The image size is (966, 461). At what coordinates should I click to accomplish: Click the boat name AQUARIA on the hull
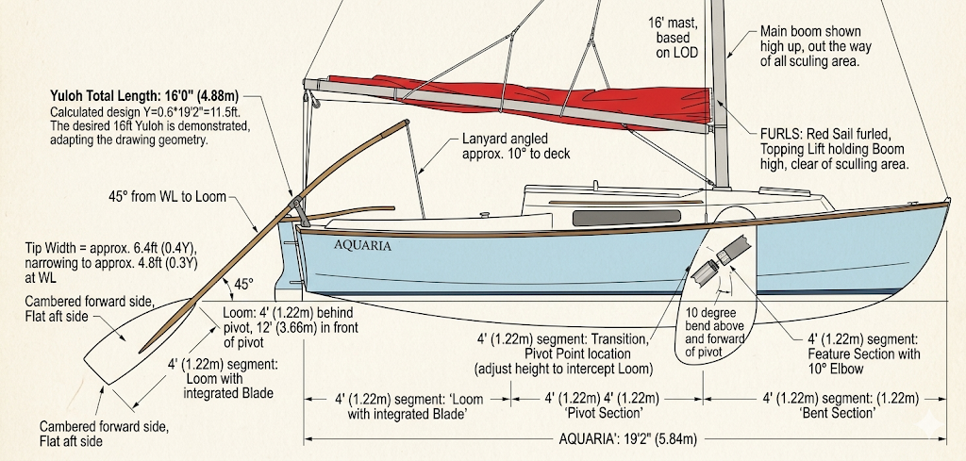[x=362, y=245]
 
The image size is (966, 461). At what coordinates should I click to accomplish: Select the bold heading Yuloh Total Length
[x=144, y=96]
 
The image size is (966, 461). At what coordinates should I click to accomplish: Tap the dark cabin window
[x=626, y=217]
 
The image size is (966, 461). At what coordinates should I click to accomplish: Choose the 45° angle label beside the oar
[x=243, y=285]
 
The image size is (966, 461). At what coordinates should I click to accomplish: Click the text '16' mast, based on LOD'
[x=673, y=38]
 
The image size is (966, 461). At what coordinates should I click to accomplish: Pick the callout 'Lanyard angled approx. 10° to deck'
[x=516, y=146]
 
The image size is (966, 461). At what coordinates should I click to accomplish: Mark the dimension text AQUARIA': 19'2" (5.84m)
[x=627, y=438]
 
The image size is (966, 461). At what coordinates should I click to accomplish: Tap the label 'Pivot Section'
[x=604, y=413]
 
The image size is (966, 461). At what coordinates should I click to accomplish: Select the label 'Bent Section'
[x=838, y=413]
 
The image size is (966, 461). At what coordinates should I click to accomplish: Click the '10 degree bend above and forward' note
[x=715, y=333]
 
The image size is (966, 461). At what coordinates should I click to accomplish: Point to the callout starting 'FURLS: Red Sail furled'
[x=834, y=149]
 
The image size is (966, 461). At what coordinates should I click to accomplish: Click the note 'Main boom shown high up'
[x=816, y=46]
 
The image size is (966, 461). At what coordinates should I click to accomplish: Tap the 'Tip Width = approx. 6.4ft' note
[x=111, y=263]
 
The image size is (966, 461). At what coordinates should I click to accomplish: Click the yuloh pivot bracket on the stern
[x=299, y=210]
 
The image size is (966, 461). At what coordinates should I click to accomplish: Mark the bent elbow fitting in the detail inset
[x=721, y=260]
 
